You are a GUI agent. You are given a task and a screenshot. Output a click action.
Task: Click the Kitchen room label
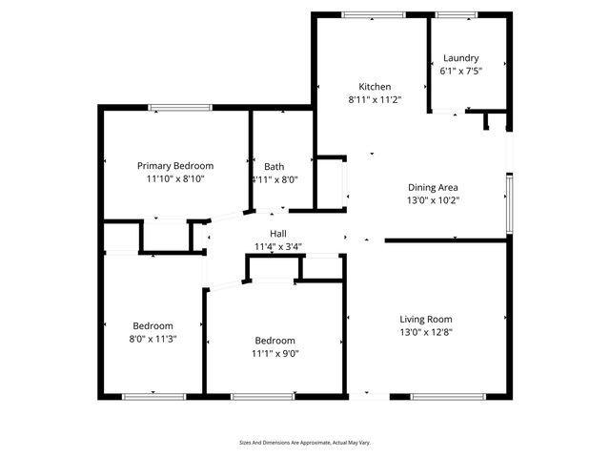click(375, 86)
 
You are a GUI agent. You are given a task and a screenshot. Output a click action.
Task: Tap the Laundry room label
click(460, 58)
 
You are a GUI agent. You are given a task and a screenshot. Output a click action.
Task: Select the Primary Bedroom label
click(174, 165)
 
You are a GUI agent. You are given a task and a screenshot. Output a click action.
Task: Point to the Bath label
click(274, 166)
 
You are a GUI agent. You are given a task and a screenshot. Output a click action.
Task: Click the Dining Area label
click(434, 187)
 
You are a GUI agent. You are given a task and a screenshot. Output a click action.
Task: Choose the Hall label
click(278, 234)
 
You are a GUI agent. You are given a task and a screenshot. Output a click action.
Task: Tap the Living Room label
click(425, 320)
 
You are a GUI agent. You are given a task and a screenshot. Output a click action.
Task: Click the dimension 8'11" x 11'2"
click(375, 99)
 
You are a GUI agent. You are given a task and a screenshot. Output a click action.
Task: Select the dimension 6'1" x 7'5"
click(460, 71)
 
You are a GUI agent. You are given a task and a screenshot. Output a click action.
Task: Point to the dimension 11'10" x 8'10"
click(175, 178)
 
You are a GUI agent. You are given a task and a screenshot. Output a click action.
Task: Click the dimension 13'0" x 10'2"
click(434, 200)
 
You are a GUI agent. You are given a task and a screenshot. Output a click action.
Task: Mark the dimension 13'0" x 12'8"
click(425, 333)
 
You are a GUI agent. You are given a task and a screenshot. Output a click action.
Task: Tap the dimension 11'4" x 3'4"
click(278, 247)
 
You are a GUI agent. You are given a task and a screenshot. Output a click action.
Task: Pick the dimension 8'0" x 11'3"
click(152, 338)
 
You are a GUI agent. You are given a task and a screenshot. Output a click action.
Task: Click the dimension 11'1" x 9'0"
click(274, 354)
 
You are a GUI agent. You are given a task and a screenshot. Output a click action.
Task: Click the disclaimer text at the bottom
click(304, 443)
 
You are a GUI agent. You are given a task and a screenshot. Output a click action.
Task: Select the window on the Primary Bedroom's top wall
click(179, 108)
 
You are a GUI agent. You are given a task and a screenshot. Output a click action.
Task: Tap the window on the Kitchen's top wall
click(373, 14)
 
